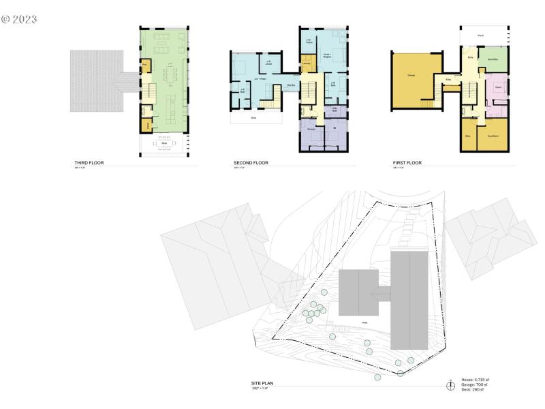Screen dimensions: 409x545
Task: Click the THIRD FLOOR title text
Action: pos(90,164)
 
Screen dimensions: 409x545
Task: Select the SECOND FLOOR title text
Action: pos(251,164)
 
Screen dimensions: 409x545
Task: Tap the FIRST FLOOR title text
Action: pos(407,164)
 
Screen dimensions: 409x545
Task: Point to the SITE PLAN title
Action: pos(262,384)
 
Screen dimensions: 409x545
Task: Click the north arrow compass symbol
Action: pos(450,386)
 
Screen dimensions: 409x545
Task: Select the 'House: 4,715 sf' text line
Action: pos(475,380)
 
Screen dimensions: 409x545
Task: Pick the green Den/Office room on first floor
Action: pos(493,60)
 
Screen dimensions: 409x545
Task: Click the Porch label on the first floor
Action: pos(480,35)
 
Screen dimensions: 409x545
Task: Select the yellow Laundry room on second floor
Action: pos(307,65)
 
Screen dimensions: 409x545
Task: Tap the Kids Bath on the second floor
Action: pos(335,109)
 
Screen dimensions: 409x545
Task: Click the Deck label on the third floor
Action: pos(164,134)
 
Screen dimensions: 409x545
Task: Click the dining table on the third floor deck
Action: pos(164,143)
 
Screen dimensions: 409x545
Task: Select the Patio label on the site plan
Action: pos(364,322)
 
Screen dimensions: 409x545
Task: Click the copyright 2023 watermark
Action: pos(19,18)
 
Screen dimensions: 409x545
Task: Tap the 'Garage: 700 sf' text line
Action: pos(475,385)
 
